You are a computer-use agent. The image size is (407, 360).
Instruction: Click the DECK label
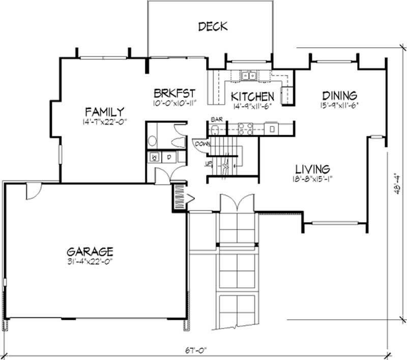212,26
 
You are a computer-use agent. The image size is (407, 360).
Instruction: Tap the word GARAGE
90,251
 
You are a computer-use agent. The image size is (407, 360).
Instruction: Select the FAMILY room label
105,111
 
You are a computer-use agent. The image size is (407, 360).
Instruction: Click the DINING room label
339,96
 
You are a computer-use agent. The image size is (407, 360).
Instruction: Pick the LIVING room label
313,168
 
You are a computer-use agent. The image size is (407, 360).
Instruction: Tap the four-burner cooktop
246,128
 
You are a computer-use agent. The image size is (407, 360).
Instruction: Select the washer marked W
155,158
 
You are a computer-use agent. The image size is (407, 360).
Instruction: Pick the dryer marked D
168,158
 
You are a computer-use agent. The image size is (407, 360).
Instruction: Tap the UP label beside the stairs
208,163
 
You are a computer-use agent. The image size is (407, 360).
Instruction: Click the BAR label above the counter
216,119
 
